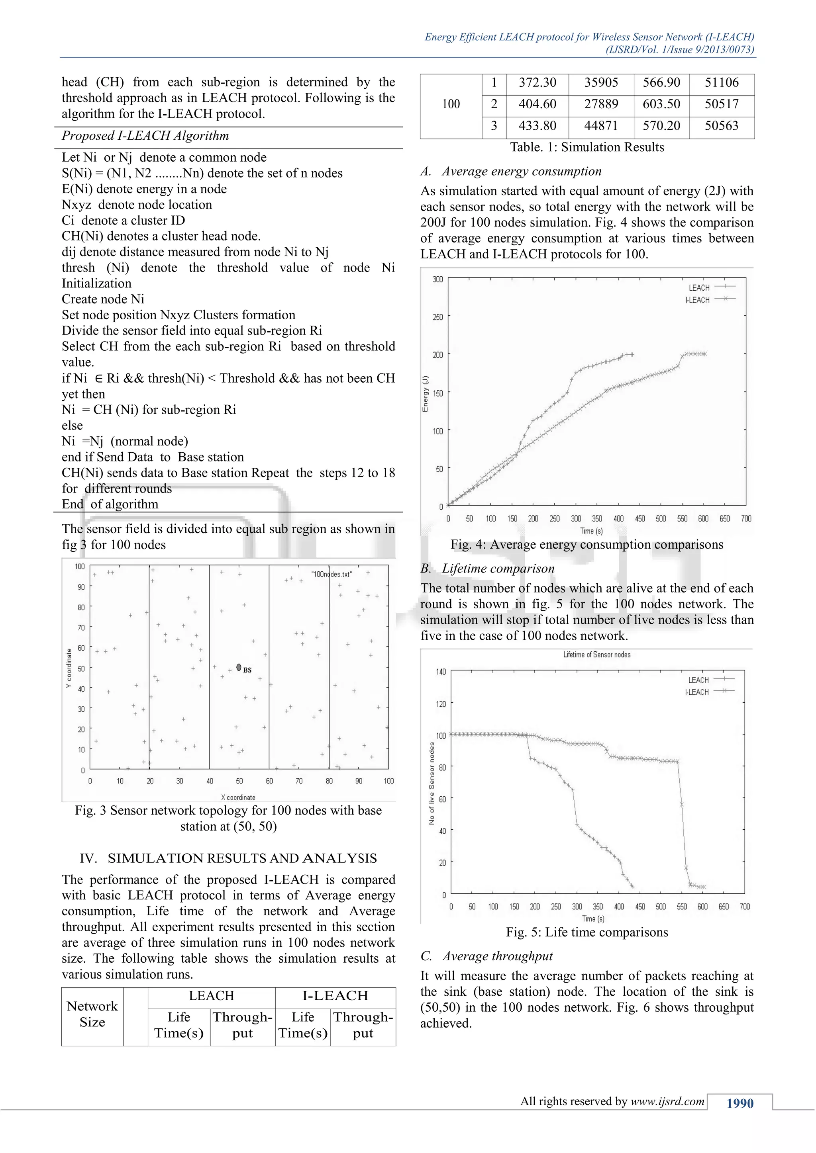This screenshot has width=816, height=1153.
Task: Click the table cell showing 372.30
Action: click(537, 83)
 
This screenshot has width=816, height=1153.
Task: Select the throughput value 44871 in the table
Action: click(601, 125)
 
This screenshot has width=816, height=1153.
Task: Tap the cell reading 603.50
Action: click(661, 104)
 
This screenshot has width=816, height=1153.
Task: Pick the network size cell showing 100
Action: click(451, 104)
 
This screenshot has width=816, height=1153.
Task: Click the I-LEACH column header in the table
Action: click(335, 996)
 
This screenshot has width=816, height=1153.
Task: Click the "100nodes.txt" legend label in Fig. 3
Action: click(331, 574)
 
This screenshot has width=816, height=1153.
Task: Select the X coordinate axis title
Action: click(238, 797)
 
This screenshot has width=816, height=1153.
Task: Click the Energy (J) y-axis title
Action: click(425, 394)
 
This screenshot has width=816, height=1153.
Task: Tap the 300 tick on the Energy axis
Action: click(437, 279)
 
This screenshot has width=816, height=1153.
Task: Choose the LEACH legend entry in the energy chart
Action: click(699, 288)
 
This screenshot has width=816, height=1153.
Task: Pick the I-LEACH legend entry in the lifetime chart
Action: click(697, 692)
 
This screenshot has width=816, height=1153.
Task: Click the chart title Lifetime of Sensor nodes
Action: click(596, 655)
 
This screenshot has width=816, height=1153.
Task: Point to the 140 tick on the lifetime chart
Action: click(441, 672)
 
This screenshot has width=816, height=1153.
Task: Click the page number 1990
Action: click(739, 1103)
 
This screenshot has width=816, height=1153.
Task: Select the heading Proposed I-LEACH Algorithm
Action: click(145, 136)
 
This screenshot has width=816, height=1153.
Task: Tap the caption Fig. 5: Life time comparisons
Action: click(587, 932)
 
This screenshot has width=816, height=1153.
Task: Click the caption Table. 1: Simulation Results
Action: click(587, 147)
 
